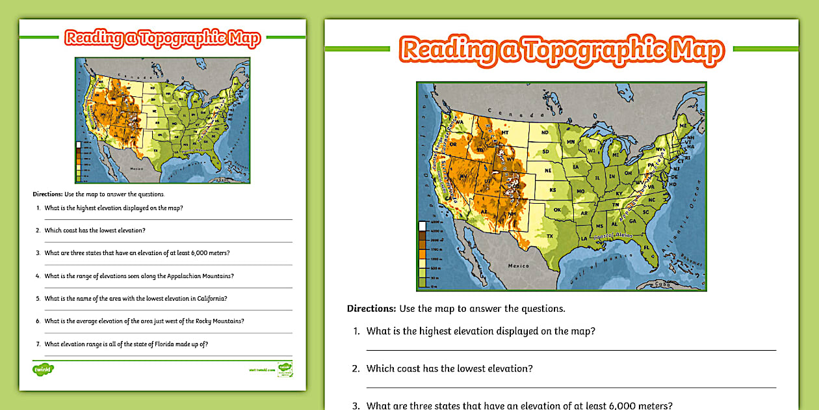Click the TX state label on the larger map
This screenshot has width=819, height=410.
pos(550,236)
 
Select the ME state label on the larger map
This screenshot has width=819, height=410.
pos(682,125)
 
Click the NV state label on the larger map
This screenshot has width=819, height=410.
pos(464,176)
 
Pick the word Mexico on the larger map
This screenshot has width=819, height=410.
pos(519,266)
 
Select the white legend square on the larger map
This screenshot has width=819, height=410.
pos(422,226)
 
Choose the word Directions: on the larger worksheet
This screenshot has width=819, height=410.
pos(371,308)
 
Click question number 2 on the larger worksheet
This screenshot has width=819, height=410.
pos(356,368)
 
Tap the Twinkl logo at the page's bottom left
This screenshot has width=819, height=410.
pos(43,369)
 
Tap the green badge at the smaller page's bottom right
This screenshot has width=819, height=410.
pos(285,368)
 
